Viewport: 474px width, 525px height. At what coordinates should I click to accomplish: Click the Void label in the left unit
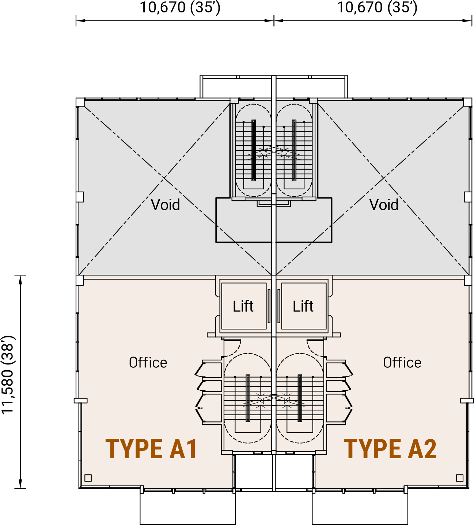[166, 205]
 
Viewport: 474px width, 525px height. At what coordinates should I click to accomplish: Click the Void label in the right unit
[384, 205]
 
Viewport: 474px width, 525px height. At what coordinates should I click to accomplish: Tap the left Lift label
[243, 306]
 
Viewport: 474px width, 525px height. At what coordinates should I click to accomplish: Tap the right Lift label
[303, 306]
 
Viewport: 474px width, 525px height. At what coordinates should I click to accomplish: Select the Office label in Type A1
[148, 363]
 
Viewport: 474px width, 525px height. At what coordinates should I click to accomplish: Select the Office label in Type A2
[402, 363]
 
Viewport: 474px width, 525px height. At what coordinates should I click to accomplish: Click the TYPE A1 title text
[151, 449]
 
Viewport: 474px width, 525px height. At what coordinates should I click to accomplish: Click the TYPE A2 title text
[390, 449]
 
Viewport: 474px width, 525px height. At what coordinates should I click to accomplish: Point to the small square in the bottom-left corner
[88, 478]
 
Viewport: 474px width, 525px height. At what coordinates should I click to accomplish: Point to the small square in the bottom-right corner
[460, 478]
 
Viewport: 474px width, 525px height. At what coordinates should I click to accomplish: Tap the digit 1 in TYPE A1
[190, 449]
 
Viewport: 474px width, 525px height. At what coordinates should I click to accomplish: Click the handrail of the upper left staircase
[254, 150]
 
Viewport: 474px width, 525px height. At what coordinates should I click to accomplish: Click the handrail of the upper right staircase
[294, 150]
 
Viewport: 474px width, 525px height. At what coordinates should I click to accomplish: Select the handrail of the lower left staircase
[248, 398]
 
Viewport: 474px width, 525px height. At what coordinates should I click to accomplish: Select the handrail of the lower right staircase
[300, 398]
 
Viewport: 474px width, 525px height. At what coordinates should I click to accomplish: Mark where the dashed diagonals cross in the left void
[164, 178]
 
